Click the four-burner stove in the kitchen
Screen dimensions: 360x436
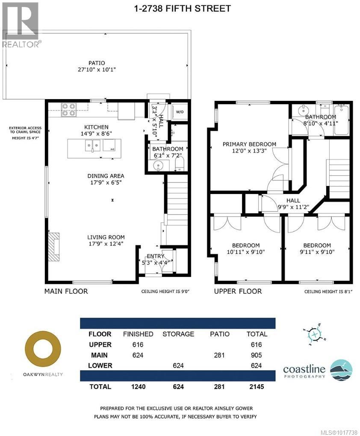[x=69, y=109]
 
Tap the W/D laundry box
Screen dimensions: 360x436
[x=180, y=112]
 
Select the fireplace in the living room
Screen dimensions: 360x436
[x=54, y=247]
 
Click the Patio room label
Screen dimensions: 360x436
[x=97, y=63]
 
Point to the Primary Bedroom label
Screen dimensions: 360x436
[x=249, y=144]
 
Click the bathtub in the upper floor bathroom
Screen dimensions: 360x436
[x=341, y=120]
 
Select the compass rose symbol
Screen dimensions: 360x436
[x=315, y=334]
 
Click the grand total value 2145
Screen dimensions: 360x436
[x=257, y=386]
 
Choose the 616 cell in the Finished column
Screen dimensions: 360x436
[x=138, y=345]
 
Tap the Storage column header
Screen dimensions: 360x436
[x=178, y=334]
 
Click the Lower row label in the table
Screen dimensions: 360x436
[x=100, y=365]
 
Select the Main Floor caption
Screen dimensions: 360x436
[x=66, y=291]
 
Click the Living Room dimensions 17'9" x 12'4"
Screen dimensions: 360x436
[x=106, y=244]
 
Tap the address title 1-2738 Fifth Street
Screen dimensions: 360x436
[x=183, y=9]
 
